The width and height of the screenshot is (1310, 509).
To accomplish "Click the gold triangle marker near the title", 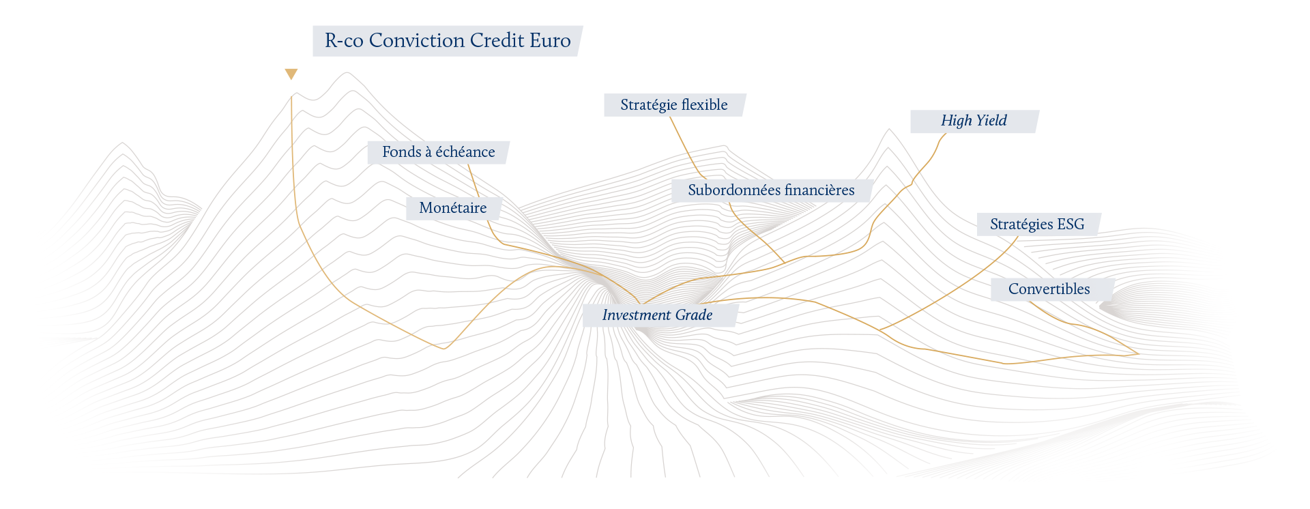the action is pyautogui.click(x=291, y=74).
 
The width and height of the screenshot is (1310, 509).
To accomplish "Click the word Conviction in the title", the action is pyautogui.click(x=417, y=41).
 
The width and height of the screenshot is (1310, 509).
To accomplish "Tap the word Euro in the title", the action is pyautogui.click(x=550, y=41).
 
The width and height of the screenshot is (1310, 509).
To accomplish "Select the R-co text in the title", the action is pyautogui.click(x=344, y=41).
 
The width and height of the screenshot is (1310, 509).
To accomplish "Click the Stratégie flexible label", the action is pyautogui.click(x=674, y=105).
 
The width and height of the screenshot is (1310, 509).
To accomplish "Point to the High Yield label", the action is pyautogui.click(x=974, y=121).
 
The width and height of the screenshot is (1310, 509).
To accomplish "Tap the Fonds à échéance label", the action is pyautogui.click(x=439, y=152).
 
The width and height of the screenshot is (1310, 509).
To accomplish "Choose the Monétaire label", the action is pyautogui.click(x=453, y=208).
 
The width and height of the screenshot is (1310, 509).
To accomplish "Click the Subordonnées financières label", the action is pyautogui.click(x=771, y=190).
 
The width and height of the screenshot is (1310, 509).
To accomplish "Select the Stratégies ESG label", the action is pyautogui.click(x=1037, y=224).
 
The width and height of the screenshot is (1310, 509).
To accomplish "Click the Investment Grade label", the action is pyautogui.click(x=658, y=315).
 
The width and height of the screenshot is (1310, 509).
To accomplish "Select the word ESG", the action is pyautogui.click(x=1071, y=224).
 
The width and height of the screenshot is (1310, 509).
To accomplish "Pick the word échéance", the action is pyautogui.click(x=465, y=152).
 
